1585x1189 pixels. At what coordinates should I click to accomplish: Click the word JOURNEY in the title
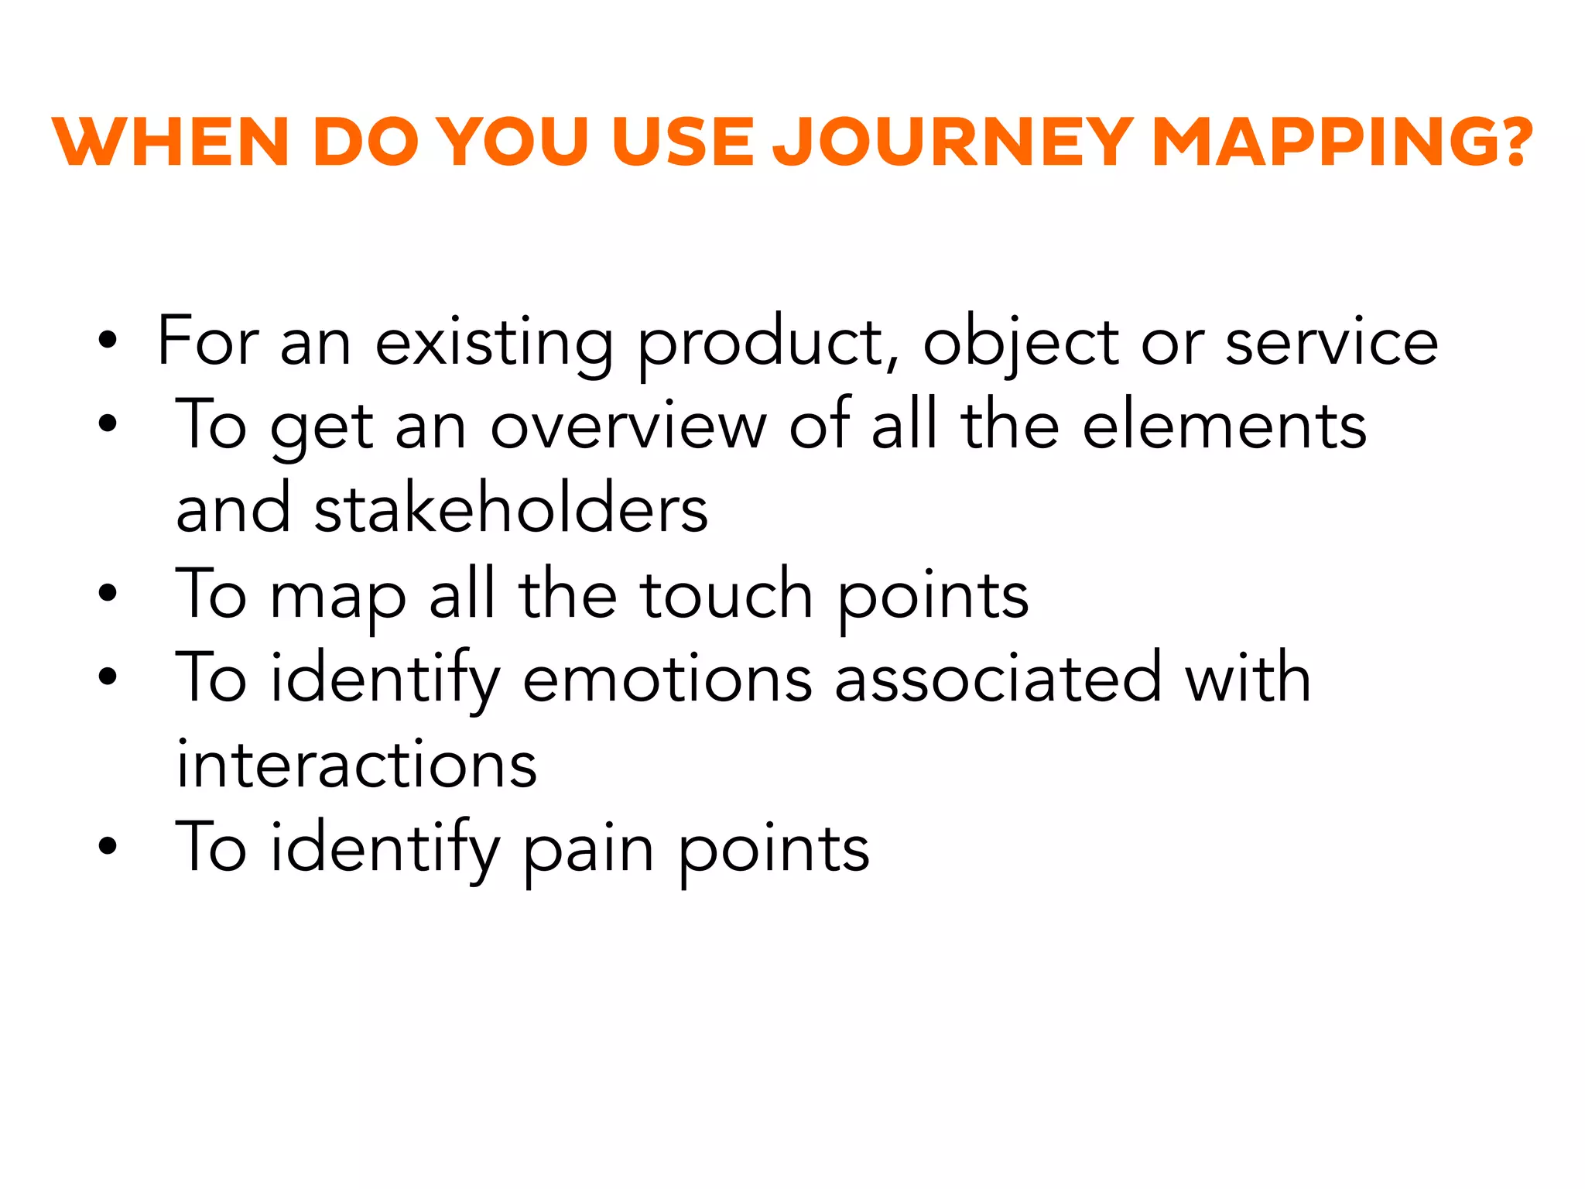(953, 142)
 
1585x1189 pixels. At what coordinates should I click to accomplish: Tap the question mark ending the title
(1510, 142)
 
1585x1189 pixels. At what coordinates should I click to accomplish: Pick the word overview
(628, 427)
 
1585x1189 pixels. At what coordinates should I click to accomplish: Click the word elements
(1224, 427)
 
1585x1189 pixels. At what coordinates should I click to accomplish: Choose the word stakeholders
(511, 511)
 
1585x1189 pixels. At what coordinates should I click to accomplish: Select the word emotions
(667, 680)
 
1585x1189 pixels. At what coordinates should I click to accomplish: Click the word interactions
(357, 765)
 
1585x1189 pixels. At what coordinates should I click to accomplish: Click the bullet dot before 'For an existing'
(108, 340)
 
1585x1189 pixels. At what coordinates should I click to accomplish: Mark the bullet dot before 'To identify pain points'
(108, 846)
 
